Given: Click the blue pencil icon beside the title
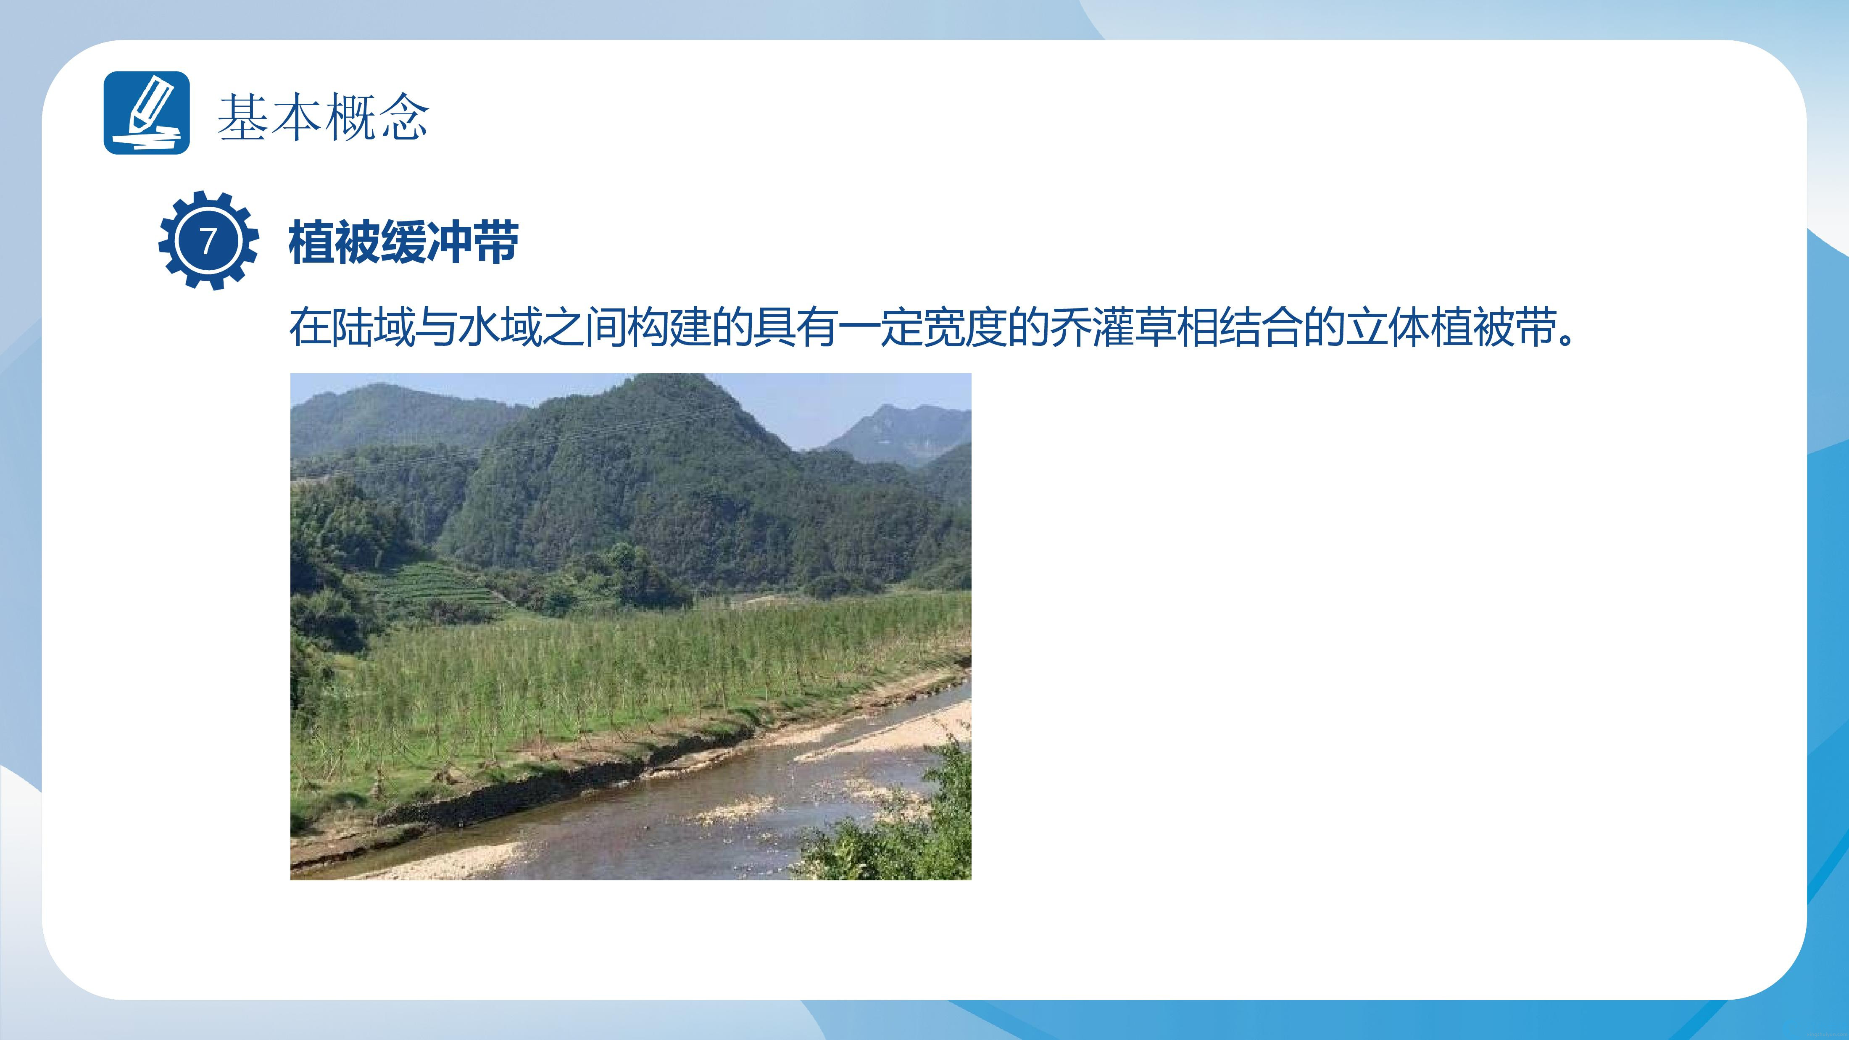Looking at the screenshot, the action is (146, 113).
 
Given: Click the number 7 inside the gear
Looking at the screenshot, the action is (208, 240).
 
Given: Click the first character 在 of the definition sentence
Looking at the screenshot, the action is (310, 327).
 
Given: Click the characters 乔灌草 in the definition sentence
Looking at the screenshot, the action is (1113, 327).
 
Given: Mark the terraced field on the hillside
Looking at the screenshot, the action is (431, 589).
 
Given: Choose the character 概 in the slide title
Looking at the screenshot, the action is (350, 116).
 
